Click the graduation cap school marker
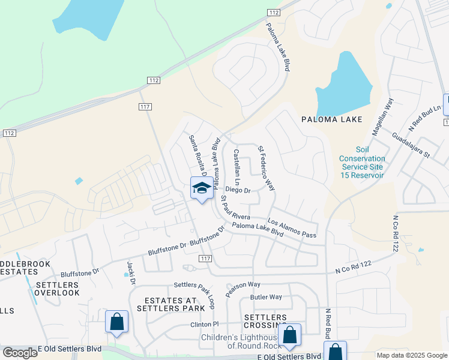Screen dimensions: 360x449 coord(202,188)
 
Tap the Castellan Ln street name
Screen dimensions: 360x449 coord(237,167)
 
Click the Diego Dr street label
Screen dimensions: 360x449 coord(238,190)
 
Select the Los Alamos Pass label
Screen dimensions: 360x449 coord(292,227)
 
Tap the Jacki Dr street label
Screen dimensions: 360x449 coord(131,273)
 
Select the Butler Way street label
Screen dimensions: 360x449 coord(266,297)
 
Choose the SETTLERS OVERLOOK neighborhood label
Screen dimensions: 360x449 coord(57,289)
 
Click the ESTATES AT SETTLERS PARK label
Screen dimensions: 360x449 coord(166,304)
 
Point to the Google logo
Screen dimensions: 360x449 coord(20,353)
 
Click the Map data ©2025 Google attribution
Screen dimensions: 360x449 coord(412,355)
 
